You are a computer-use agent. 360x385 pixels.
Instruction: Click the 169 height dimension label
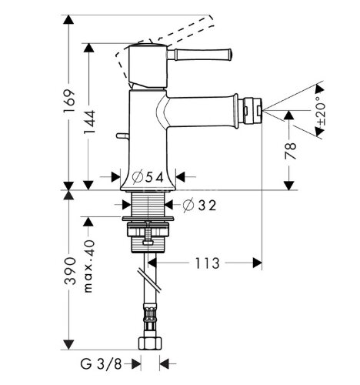pyautogui.click(x=69, y=100)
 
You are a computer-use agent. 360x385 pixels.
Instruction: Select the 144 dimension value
pyautogui.click(x=90, y=122)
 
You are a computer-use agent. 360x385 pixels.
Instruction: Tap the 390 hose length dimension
pyautogui.click(x=70, y=271)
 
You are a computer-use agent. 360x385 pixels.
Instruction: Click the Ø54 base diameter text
pyautogui.click(x=148, y=177)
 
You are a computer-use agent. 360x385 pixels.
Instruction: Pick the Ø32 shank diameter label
pyautogui.click(x=200, y=206)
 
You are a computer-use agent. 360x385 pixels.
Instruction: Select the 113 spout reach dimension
pyautogui.click(x=208, y=263)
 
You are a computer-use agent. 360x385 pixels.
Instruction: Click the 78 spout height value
pyautogui.click(x=290, y=151)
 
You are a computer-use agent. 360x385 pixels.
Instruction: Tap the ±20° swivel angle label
pyautogui.click(x=321, y=111)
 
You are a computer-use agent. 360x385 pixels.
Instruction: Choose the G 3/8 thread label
pyautogui.click(x=101, y=363)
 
